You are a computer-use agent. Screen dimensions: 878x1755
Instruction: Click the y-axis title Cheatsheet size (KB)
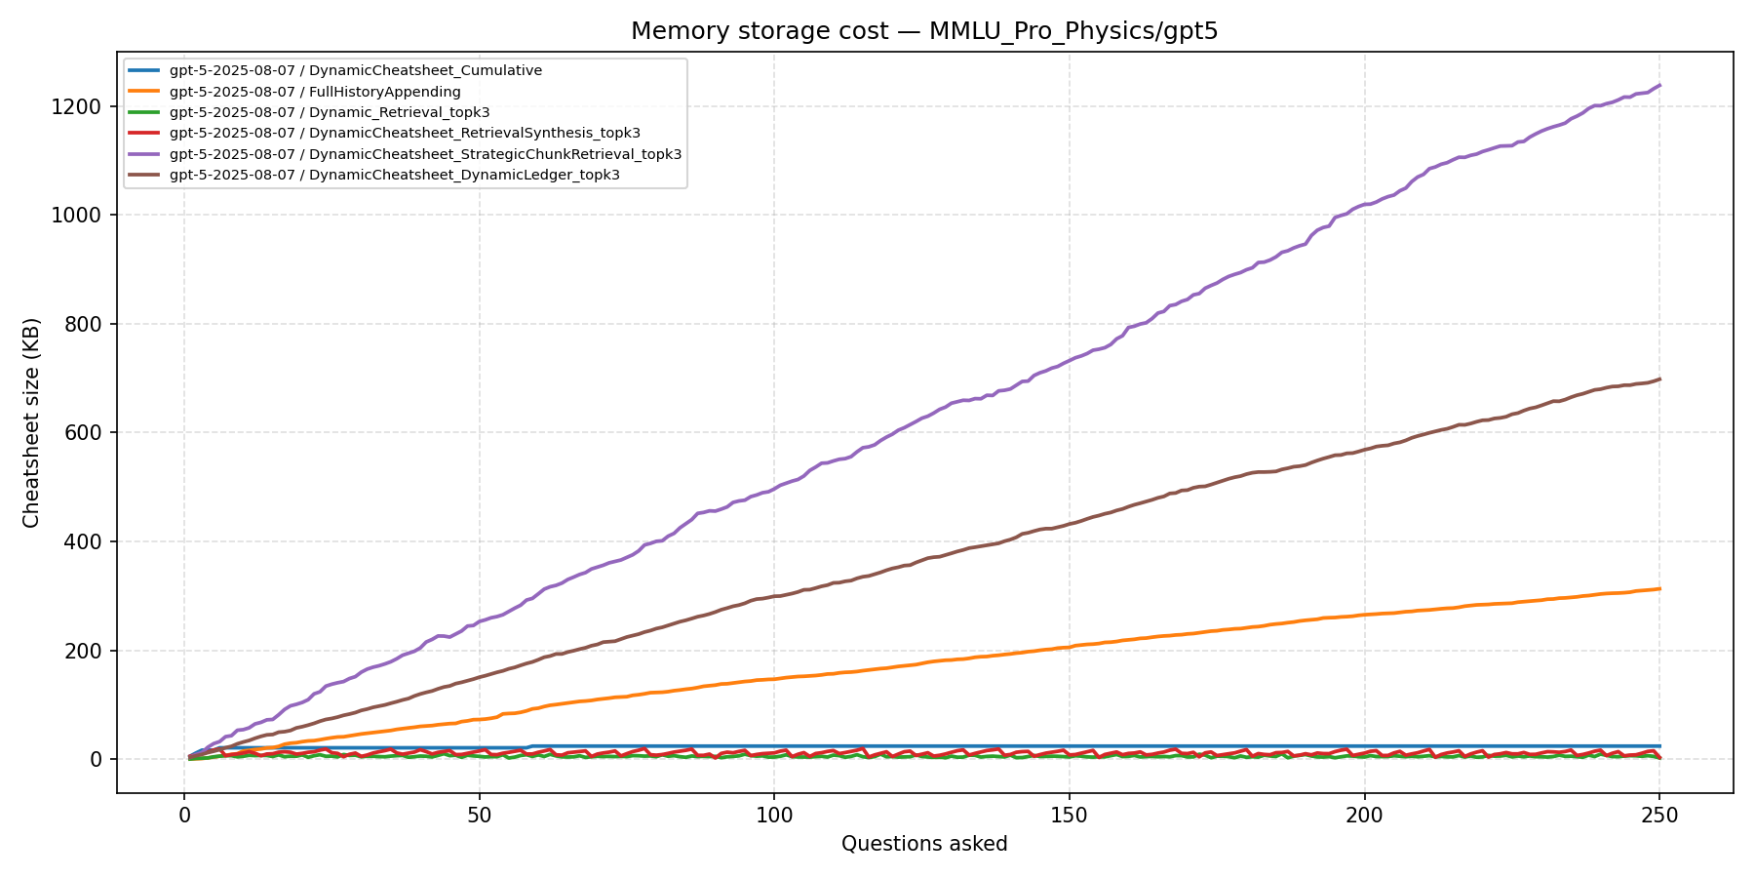32,422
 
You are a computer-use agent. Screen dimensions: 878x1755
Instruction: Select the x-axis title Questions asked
923,844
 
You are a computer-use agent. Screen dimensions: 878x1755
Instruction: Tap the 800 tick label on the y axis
82,324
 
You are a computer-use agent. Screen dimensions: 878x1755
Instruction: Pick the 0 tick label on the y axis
96,759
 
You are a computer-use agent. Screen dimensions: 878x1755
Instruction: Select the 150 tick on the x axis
1070,793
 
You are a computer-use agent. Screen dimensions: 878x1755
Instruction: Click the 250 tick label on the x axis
1659,815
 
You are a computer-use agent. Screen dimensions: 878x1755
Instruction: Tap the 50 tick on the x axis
479,793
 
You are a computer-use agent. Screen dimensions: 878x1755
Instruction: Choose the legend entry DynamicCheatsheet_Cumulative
355,71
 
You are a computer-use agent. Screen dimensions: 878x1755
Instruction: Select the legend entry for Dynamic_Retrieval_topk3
330,112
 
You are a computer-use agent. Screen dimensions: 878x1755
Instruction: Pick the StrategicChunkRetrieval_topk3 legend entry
425,154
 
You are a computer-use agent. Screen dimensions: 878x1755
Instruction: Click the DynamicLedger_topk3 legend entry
394,175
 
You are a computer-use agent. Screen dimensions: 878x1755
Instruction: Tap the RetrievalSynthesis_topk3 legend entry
405,133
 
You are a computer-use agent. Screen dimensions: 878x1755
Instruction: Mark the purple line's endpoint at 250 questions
1659,85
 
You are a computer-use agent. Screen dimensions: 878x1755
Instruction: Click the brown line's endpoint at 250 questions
1659,379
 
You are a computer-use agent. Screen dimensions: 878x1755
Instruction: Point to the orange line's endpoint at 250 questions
1659,588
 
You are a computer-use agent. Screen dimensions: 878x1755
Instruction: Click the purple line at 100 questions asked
774,487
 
